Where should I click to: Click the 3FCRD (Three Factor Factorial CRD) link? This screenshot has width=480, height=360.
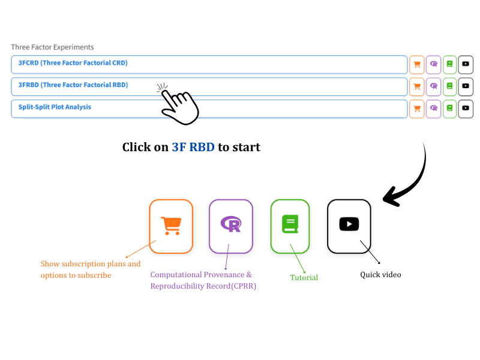(73, 63)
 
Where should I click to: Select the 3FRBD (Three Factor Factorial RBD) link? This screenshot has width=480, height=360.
(73, 85)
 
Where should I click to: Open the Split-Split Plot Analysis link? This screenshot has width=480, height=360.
(55, 107)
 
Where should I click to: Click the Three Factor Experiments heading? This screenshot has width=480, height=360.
(52, 47)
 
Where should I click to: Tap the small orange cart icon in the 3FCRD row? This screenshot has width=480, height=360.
(417, 65)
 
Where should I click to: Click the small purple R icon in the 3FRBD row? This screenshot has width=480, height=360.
(433, 86)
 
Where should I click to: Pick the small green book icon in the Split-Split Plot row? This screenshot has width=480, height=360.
(449, 108)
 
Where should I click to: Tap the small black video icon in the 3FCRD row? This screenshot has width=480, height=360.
(466, 64)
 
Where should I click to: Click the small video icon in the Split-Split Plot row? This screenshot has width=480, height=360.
(466, 108)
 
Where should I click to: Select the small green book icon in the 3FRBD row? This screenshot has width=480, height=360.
(449, 86)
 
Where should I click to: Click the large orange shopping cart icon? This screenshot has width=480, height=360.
(171, 226)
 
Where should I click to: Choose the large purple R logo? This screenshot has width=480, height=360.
(231, 224)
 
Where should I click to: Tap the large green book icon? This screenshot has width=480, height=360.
(290, 224)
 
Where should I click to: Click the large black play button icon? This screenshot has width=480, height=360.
(349, 224)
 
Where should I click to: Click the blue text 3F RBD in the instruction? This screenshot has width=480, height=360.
(193, 147)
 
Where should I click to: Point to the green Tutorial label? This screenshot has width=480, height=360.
(304, 278)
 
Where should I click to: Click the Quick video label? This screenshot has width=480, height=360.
(380, 275)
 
